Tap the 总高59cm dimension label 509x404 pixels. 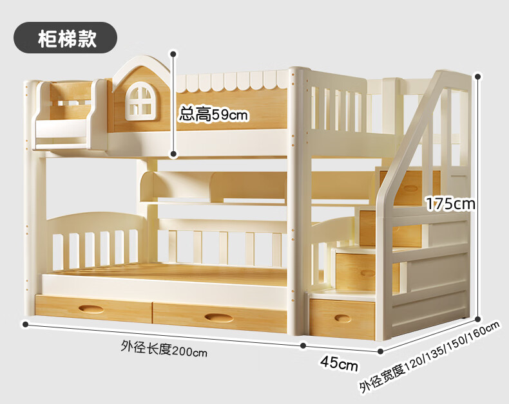click(x=214, y=115)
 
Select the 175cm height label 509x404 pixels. click(x=450, y=204)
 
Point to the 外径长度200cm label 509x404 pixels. click(x=164, y=350)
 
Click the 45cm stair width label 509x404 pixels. click(x=339, y=365)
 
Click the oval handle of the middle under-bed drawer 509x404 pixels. click(x=219, y=317)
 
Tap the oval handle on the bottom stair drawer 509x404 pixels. click(x=342, y=318)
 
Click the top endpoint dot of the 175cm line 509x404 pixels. click(x=478, y=76)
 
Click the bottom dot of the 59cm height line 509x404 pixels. click(x=173, y=154)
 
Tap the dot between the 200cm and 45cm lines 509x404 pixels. click(x=303, y=345)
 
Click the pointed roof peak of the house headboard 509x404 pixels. click(x=142, y=59)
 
